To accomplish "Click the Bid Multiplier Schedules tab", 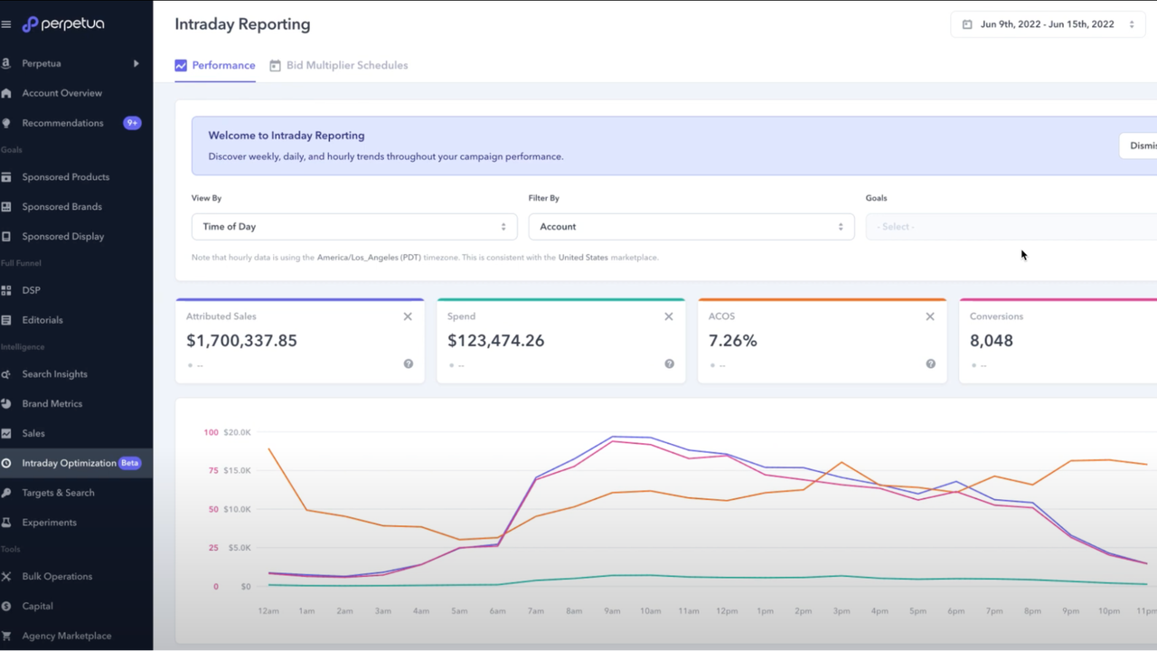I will coord(346,65).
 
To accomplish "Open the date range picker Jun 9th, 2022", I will coord(1047,24).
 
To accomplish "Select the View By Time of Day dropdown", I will coord(353,227).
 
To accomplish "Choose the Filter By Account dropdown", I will coord(691,227).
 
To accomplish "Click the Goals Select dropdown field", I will coord(1011,227).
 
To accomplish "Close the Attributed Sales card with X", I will coord(408,316).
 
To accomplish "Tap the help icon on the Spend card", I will coord(669,363).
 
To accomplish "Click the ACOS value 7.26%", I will coord(732,341).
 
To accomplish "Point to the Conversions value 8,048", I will coord(991,341).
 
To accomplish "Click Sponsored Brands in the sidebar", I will coord(61,207).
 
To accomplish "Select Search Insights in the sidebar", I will coord(54,374).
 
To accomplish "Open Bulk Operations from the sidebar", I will coord(57,577).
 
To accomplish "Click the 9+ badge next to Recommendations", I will coord(132,123).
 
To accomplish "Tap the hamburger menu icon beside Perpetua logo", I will coord(6,24).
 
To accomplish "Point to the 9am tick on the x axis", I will coord(613,611).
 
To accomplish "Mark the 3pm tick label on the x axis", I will coord(842,611).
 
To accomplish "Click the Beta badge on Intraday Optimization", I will coord(130,463).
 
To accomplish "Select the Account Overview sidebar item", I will coord(61,93).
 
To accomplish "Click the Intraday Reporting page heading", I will coord(242,24).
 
